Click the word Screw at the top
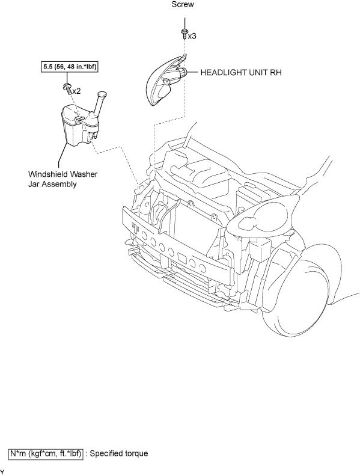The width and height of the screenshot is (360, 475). pos(183,5)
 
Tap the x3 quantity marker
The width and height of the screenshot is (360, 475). pos(192,36)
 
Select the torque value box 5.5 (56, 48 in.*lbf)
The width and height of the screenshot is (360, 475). pos(70,67)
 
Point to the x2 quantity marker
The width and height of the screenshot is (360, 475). pos(76,91)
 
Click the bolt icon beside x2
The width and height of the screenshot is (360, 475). pos(67,88)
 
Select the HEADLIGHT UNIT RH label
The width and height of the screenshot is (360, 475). pos(241,73)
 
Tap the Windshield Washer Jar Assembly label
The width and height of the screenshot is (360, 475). pos(63,179)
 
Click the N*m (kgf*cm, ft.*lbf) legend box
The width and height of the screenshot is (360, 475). pos(46,454)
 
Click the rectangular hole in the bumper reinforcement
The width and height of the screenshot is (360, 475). pos(183,257)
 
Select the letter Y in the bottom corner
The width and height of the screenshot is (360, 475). pos(2,472)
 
